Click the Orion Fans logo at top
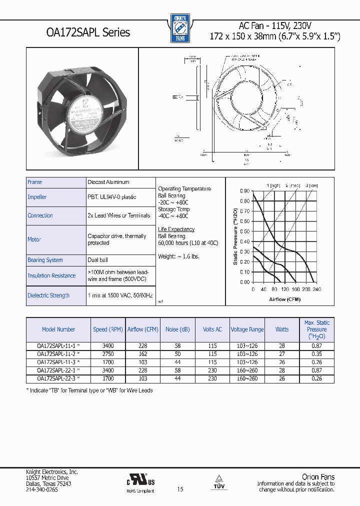[180, 28]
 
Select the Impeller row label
[37, 197]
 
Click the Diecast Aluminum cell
[108, 182]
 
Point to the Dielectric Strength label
[48, 295]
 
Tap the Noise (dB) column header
[177, 329]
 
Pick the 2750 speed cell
[107, 353]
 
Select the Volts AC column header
[212, 329]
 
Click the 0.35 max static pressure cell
[316, 353]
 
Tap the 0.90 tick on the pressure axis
[244, 191]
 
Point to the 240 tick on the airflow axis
[316, 289]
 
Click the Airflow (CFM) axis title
[284, 298]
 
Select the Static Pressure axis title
[235, 236]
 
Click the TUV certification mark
[218, 481]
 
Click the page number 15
[180, 489]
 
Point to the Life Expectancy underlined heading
[176, 229]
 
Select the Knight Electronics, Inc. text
[51, 471]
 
